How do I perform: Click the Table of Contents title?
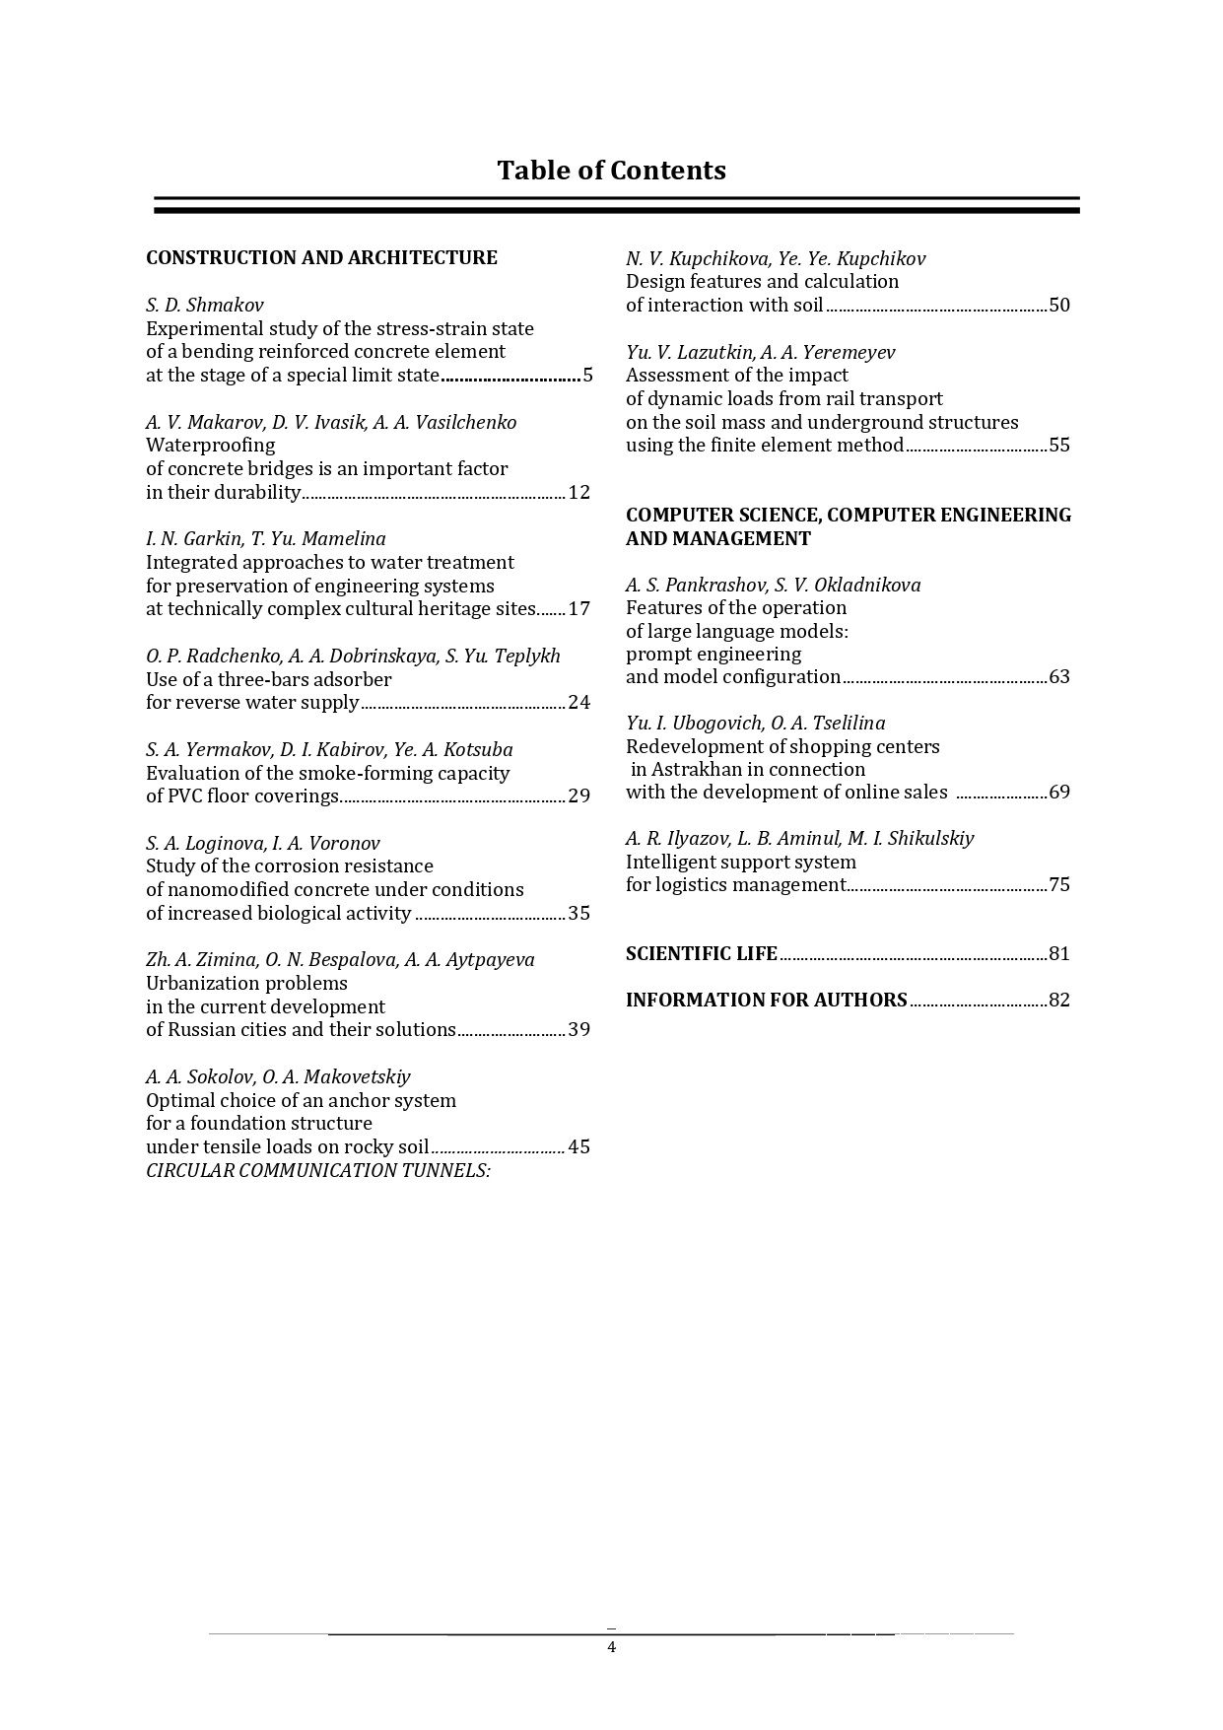(611, 171)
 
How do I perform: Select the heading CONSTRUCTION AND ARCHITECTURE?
(321, 258)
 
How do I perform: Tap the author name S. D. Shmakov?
(205, 306)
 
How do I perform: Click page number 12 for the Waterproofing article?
(579, 492)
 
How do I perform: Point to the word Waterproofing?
(210, 446)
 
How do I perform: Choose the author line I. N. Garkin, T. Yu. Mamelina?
(266, 539)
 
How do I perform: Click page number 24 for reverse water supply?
(579, 702)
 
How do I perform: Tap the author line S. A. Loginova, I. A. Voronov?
(262, 843)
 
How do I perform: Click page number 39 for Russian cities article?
(579, 1029)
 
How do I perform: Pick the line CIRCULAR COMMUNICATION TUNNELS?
(317, 1170)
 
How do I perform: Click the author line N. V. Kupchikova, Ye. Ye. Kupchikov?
(776, 259)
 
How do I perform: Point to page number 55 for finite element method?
(1059, 445)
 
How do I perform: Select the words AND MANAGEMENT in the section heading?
(717, 538)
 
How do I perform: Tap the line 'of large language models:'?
(736, 631)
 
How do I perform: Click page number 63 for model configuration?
(1059, 676)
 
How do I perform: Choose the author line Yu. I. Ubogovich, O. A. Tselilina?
(755, 724)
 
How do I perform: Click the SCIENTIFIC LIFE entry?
(701, 953)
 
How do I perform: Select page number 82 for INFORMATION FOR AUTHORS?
(1059, 1000)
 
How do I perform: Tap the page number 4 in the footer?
(611, 1647)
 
